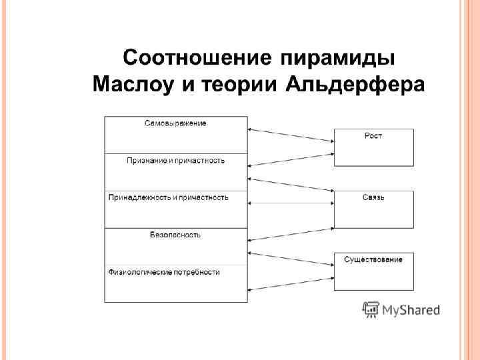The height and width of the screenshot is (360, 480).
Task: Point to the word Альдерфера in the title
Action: pyautogui.click(x=355, y=85)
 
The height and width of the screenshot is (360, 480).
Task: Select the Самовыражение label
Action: pyautogui.click(x=175, y=123)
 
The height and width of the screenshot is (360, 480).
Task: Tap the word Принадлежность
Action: pyautogui.click(x=139, y=197)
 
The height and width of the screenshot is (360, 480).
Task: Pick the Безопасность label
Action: pyautogui.click(x=175, y=235)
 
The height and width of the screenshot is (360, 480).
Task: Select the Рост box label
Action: pyautogui.click(x=373, y=136)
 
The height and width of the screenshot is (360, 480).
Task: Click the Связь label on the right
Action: pyautogui.click(x=373, y=198)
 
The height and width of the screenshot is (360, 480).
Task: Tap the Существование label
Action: pyautogui.click(x=373, y=259)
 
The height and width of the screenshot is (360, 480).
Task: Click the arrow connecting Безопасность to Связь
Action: pyautogui.click(x=291, y=234)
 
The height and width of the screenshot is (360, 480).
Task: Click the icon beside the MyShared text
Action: pyautogui.click(x=370, y=310)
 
